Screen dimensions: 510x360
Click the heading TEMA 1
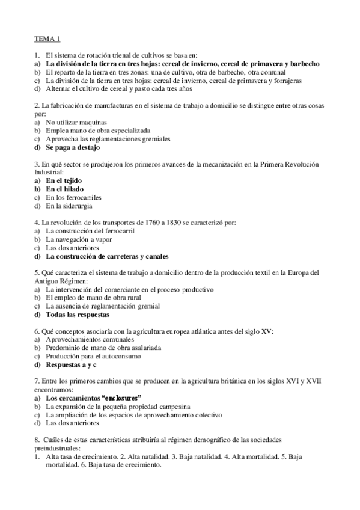click(46, 40)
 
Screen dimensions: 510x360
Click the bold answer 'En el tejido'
click(64, 180)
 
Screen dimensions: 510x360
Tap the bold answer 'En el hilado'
click(64, 189)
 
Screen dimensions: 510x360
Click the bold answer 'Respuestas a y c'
click(72, 364)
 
